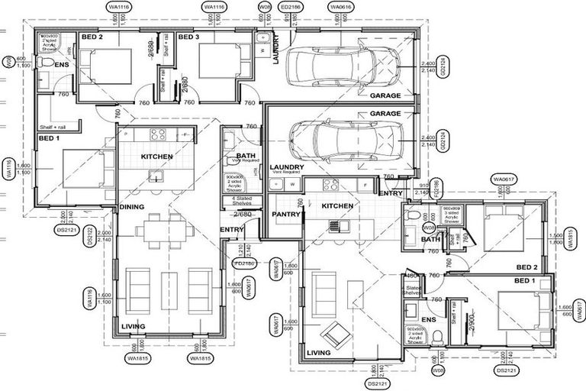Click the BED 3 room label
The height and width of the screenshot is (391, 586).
pyautogui.click(x=188, y=36)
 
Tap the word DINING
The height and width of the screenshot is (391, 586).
pyautogui.click(x=132, y=206)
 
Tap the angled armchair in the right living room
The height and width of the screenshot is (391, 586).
pyautogui.click(x=334, y=334)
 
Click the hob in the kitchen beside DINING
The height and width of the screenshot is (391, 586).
pyautogui.click(x=158, y=134)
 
